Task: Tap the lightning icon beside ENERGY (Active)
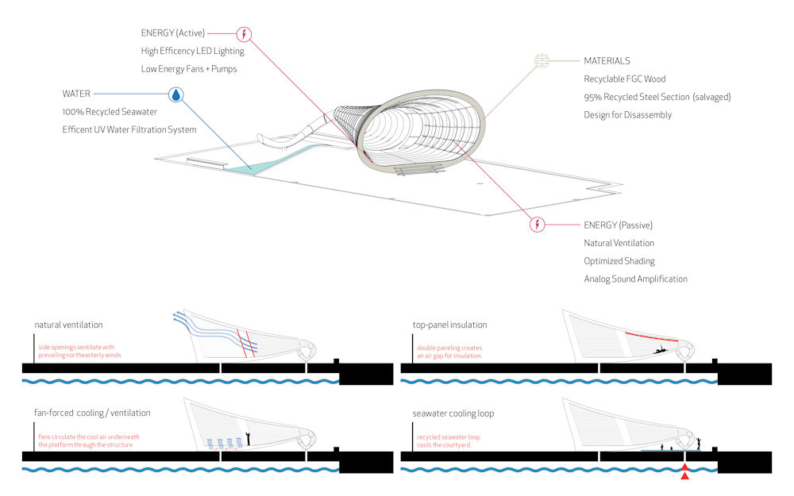tap(245, 33)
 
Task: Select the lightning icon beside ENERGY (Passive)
tap(538, 224)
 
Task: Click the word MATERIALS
tap(607, 61)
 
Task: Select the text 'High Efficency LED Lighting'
tap(192, 52)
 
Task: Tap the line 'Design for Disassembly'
tap(627, 115)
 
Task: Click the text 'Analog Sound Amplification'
tap(635, 279)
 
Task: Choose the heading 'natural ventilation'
tap(68, 325)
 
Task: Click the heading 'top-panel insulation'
tap(449, 325)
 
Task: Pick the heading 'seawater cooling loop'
tap(453, 413)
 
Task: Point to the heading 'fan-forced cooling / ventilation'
tap(94, 413)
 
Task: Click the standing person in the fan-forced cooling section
tap(248, 438)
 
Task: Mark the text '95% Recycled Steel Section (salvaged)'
tap(657, 98)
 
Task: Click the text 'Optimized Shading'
tap(619, 261)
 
